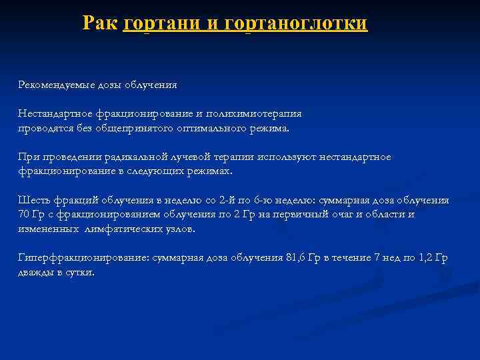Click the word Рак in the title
(101, 23)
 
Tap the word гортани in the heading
(161, 23)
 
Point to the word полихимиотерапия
(257, 114)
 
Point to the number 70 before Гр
(24, 214)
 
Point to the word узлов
(181, 228)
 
